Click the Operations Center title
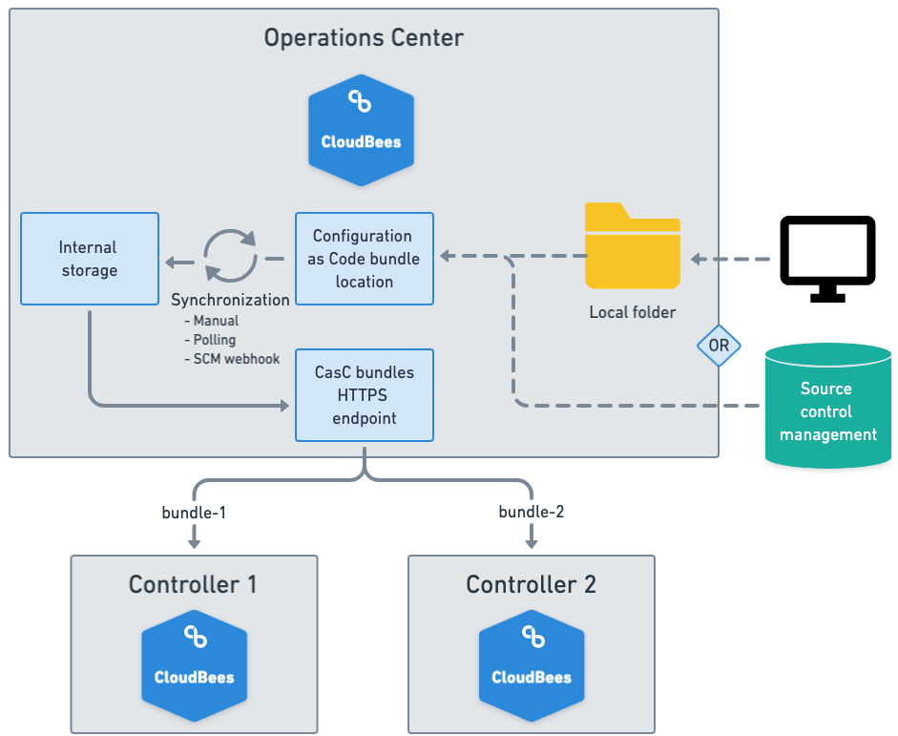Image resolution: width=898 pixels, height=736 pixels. (364, 38)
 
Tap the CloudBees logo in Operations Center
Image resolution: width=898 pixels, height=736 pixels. (361, 130)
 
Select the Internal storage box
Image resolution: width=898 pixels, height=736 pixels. (89, 259)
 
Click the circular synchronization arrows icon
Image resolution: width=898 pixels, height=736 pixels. (231, 256)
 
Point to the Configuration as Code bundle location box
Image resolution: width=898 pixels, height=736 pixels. (364, 259)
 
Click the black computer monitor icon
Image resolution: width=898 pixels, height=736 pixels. (827, 256)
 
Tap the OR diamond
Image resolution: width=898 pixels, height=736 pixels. (719, 346)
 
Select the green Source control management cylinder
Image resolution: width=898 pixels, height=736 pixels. (827, 406)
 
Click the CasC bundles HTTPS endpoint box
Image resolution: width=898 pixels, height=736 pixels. (364, 395)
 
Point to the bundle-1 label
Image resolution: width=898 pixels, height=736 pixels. (194, 512)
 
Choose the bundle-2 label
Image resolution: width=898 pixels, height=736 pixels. (532, 512)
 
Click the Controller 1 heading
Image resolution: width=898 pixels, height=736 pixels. (194, 584)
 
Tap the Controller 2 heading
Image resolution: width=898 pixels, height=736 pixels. (532, 584)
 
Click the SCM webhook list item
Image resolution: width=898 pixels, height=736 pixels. (237, 359)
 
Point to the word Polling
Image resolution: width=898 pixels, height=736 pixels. (215, 340)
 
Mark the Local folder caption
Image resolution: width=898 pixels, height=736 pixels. (633, 312)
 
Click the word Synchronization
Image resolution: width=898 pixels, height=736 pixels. (230, 300)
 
